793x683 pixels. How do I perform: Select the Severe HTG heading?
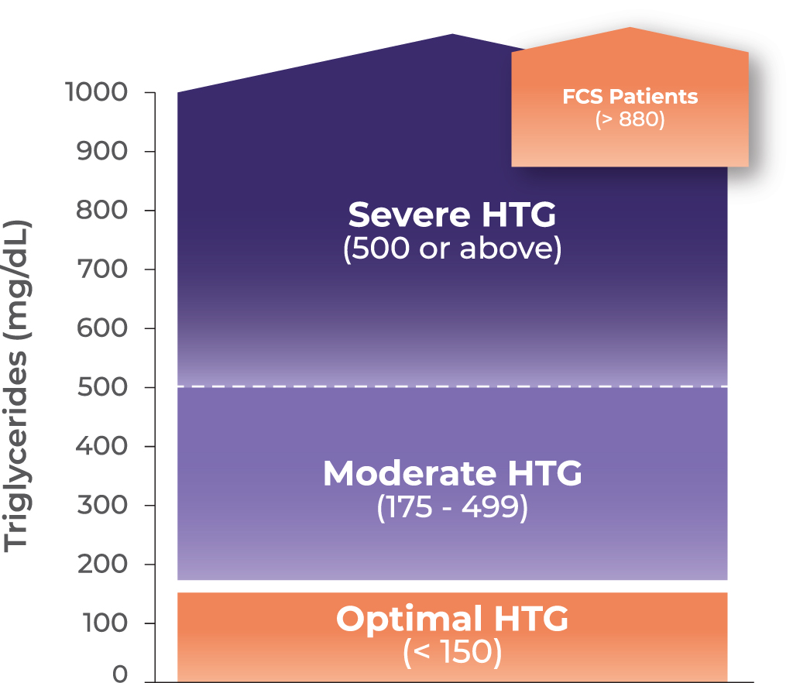pos(452,215)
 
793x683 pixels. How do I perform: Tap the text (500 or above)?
pos(452,250)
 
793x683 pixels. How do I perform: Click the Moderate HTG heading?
pos(452,473)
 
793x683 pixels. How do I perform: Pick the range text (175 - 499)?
pos(452,508)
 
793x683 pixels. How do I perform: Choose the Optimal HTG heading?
pos(452,619)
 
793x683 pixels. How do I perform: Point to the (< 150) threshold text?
pos(452,653)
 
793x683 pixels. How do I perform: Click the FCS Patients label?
pos(630,98)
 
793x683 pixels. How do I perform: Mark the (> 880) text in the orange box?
pos(630,121)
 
